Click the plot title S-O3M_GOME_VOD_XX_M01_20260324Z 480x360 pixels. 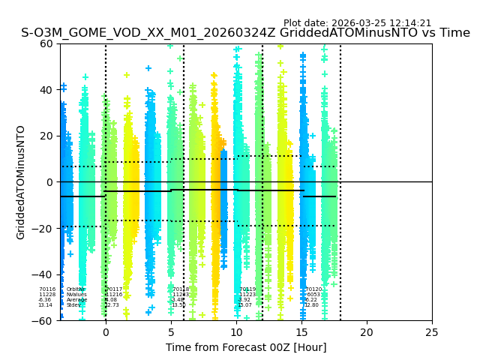[x=245, y=33]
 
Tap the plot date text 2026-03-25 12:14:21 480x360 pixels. [x=357, y=23]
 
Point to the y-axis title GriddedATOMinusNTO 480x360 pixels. [x=21, y=182]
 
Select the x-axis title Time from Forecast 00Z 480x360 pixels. [x=246, y=347]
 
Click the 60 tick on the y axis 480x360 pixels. [x=46, y=43]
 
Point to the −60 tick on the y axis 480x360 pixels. [x=43, y=320]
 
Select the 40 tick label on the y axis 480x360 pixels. [x=46, y=90]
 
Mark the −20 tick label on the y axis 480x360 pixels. [x=43, y=229]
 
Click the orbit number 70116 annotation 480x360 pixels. [x=47, y=289]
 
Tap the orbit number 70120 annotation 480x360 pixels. [x=313, y=289]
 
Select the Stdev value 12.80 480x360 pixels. [x=312, y=305]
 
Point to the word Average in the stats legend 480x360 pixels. [x=76, y=300]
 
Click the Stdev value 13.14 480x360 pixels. [x=46, y=305]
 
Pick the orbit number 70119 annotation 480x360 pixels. [x=247, y=289]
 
